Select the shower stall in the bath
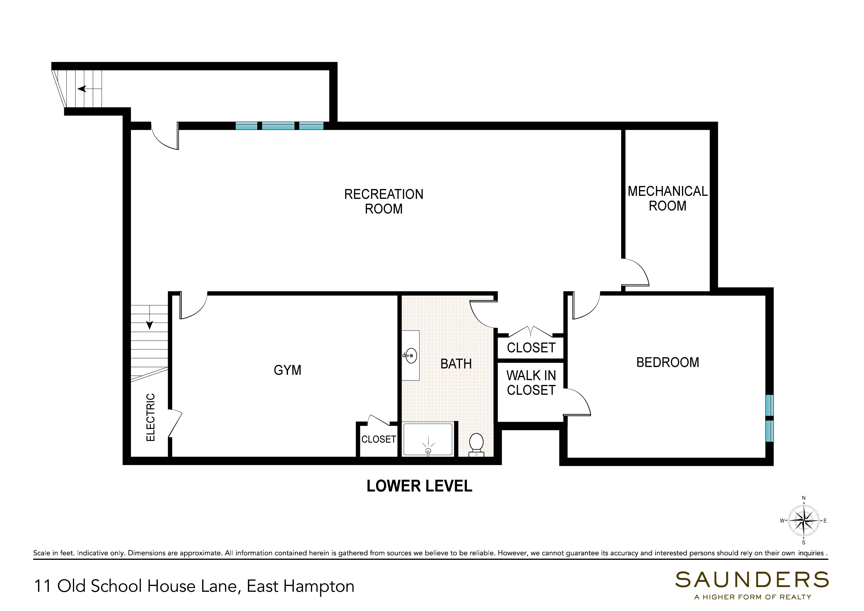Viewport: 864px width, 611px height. pyautogui.click(x=428, y=439)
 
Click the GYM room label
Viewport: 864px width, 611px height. pyautogui.click(x=288, y=370)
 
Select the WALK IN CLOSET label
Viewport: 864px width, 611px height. pyautogui.click(x=531, y=383)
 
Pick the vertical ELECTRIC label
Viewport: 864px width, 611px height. pyautogui.click(x=150, y=417)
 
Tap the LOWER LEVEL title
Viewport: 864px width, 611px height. pyautogui.click(x=419, y=486)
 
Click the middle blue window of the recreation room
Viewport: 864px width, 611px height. pyautogui.click(x=278, y=126)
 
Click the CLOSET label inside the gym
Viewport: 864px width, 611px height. pyautogui.click(x=379, y=439)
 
